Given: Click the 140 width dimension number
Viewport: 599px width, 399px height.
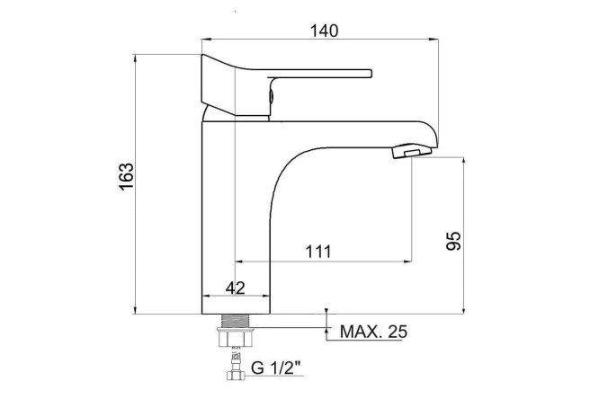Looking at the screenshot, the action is (324, 31).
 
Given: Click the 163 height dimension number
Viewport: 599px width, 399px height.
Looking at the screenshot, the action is (126, 176).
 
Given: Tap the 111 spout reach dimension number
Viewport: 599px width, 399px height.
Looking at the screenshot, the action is (318, 252).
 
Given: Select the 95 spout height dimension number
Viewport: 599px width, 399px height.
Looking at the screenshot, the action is (454, 241).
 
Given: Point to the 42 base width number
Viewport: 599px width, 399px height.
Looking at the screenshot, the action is (236, 288).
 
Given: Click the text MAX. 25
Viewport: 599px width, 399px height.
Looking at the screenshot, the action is (373, 332).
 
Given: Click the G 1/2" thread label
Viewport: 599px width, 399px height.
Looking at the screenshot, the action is (276, 368).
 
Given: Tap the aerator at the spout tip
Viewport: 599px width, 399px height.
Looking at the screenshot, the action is (411, 151).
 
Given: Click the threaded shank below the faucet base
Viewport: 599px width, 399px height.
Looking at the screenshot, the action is (236, 321).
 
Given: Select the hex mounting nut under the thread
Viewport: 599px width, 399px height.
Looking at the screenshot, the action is (236, 338).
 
